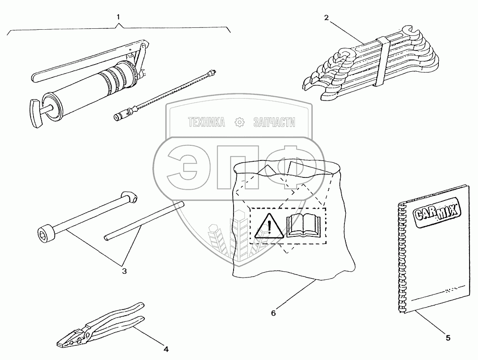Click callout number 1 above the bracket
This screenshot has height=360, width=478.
(118, 16)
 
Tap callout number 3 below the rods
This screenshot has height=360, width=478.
(124, 271)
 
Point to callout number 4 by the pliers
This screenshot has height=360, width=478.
(166, 349)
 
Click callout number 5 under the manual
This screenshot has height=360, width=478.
(448, 337)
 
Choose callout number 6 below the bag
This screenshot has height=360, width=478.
(273, 312)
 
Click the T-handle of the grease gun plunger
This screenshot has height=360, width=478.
(35, 113)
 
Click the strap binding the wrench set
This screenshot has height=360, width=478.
(382, 61)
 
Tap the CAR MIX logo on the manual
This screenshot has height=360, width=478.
(436, 210)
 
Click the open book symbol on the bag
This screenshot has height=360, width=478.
(304, 225)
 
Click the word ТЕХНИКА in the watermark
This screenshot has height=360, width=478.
(206, 123)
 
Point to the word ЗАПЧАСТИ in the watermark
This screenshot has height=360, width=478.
(274, 123)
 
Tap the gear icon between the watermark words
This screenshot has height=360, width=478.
(240, 123)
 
